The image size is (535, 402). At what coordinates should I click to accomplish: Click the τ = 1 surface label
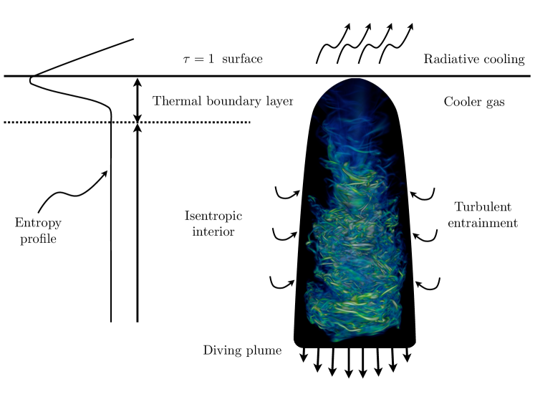[222, 59]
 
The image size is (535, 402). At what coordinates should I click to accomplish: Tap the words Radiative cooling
[474, 59]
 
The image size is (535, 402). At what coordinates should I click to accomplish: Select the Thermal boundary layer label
[223, 101]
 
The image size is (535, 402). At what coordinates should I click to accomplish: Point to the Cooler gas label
[474, 102]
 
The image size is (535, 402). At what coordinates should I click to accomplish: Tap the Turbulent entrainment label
[486, 214]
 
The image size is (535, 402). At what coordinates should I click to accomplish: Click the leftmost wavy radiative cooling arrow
[332, 44]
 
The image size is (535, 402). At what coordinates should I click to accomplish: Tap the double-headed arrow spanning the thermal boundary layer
[137, 100]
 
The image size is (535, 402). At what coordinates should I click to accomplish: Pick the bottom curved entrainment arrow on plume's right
[428, 284]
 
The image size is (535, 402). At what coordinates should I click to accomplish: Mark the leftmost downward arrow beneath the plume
[304, 356]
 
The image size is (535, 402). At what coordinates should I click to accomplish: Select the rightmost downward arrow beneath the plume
[408, 355]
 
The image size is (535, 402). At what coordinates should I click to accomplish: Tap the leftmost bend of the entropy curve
[31, 80]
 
